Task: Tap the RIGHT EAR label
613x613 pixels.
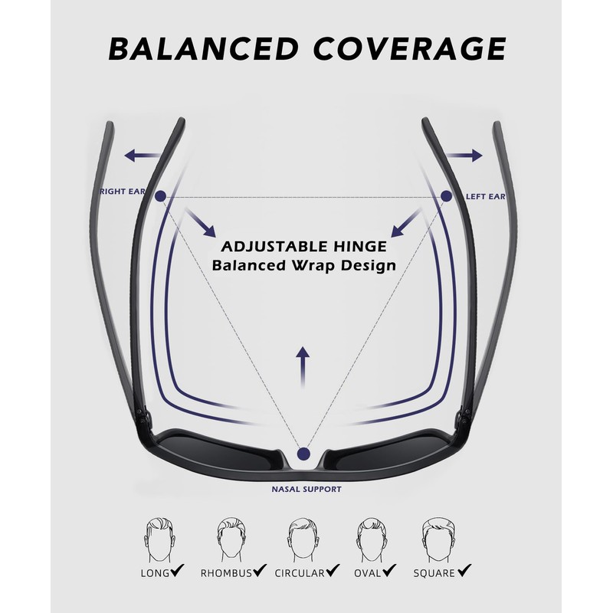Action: pyautogui.click(x=123, y=191)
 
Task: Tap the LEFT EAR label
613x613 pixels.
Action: pyautogui.click(x=486, y=197)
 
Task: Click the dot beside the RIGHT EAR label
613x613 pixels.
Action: pyautogui.click(x=160, y=197)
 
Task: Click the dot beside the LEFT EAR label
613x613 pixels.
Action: pyautogui.click(x=446, y=197)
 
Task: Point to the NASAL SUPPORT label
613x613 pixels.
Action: pyautogui.click(x=306, y=488)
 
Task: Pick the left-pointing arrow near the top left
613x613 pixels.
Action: pyautogui.click(x=142, y=156)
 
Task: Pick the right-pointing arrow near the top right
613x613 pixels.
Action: pyautogui.click(x=465, y=156)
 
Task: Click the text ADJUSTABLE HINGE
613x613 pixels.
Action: pyautogui.click(x=303, y=247)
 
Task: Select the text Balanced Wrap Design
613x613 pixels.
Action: pyautogui.click(x=303, y=267)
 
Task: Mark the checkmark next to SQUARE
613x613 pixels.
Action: pyautogui.click(x=464, y=571)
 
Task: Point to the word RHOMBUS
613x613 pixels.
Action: pyautogui.click(x=226, y=572)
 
